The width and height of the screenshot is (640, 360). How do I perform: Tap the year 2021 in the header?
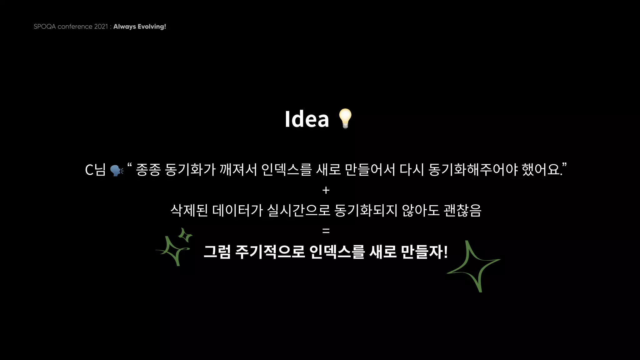click(x=101, y=27)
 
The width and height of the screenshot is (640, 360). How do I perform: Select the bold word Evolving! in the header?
click(x=152, y=27)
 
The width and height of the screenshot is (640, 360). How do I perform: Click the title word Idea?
click(x=307, y=119)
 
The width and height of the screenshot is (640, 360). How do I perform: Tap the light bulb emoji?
click(x=345, y=118)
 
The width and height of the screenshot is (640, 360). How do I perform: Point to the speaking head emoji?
click(x=117, y=170)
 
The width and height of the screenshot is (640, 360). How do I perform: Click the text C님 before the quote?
click(x=95, y=170)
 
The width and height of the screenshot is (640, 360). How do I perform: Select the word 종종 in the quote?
click(x=148, y=170)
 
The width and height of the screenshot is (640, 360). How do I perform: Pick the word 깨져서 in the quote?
click(x=238, y=170)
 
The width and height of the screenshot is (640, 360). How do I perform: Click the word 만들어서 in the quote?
click(x=370, y=170)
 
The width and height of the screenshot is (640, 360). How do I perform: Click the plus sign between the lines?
click(x=326, y=190)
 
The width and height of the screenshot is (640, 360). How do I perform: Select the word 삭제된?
click(x=189, y=210)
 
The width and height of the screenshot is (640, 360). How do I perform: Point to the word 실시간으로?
click(x=299, y=210)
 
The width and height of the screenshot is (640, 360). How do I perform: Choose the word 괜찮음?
click(x=462, y=210)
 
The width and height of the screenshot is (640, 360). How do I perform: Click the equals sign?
click(x=326, y=231)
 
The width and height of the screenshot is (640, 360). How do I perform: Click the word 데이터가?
click(x=238, y=210)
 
